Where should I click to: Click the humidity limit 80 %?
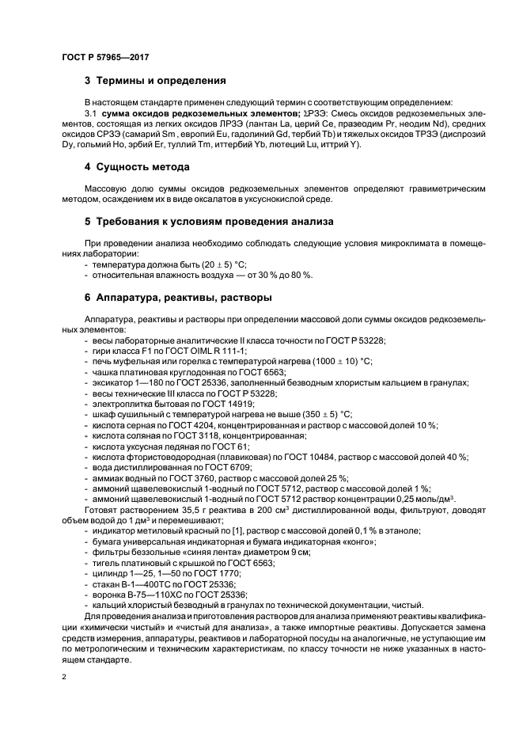pos(298,275)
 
